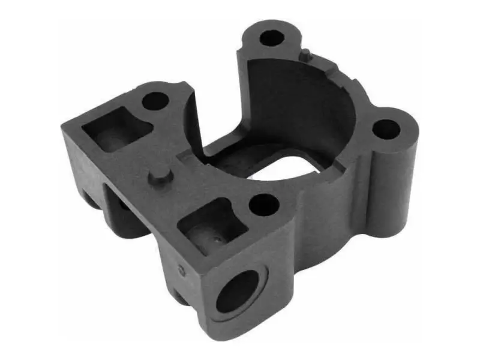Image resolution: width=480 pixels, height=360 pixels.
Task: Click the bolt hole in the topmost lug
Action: tap(272, 37)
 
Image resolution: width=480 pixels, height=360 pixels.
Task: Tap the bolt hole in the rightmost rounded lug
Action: tap(385, 129)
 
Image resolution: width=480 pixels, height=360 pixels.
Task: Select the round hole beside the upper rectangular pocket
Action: tap(155, 100)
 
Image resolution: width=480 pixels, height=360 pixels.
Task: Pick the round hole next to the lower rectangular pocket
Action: tap(263, 205)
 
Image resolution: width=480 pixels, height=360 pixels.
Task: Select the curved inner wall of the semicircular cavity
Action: tap(300, 102)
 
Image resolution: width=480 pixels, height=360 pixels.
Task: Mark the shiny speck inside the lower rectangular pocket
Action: tap(217, 239)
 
